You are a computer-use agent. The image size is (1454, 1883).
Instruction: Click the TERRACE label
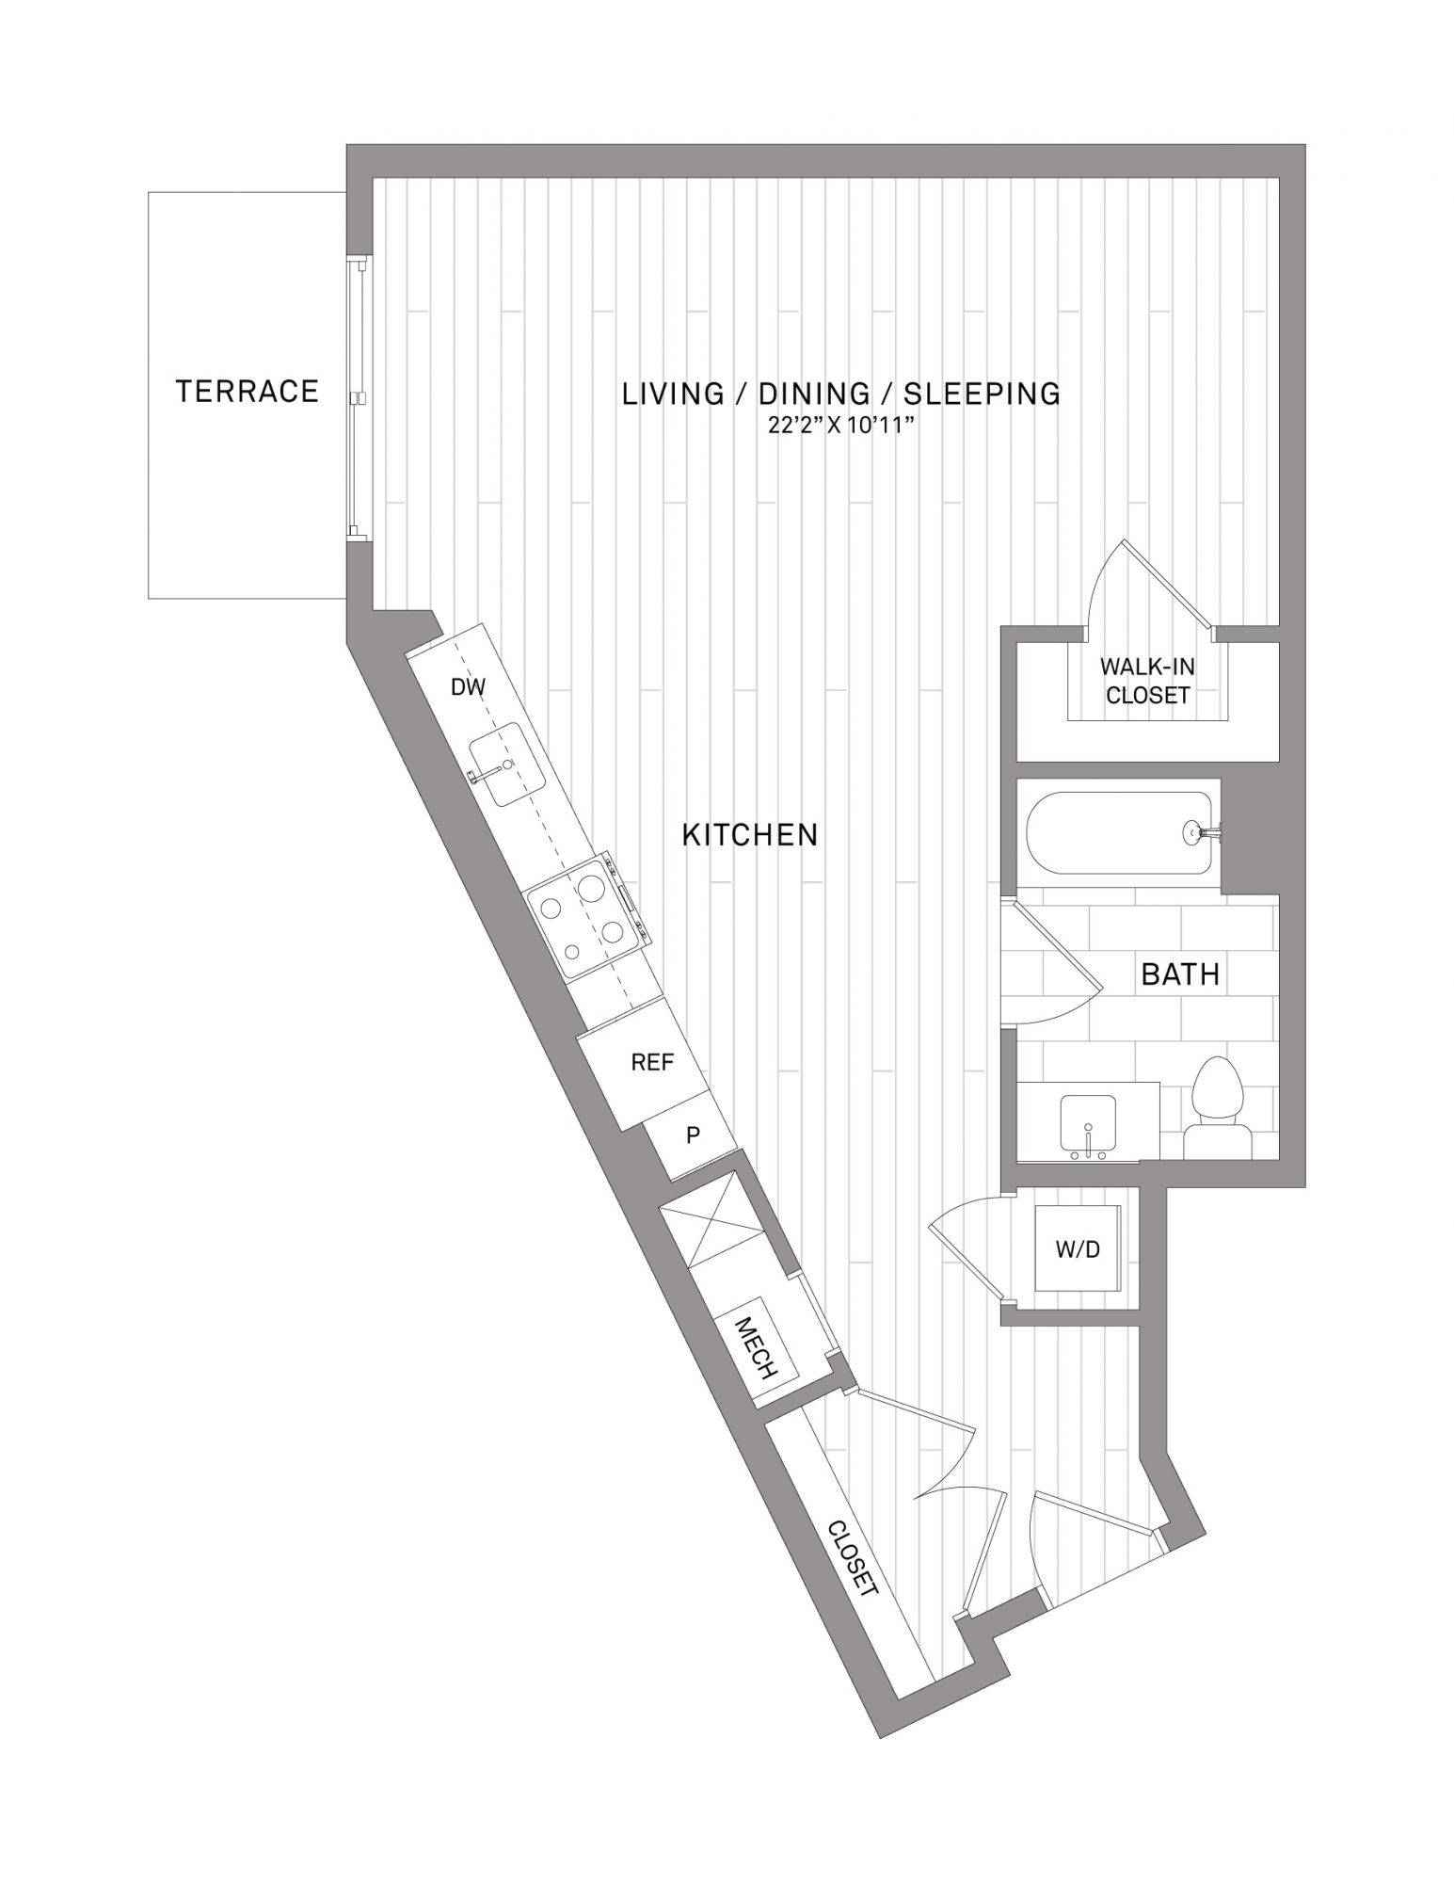[248, 391]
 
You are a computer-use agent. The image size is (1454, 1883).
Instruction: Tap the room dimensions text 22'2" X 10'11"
[840, 426]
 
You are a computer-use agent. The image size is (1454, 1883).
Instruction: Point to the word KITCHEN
[750, 834]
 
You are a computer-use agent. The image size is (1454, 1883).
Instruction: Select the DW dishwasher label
[468, 687]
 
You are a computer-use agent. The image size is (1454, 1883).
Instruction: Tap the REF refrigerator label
[652, 1062]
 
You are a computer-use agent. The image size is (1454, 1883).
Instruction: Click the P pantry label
[694, 1135]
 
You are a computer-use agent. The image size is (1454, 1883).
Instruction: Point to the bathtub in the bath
[1119, 834]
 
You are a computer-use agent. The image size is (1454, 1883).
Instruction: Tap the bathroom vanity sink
[1090, 1124]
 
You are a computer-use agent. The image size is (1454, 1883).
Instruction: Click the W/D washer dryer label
[1078, 1249]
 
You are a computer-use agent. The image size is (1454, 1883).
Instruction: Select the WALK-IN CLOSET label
[1147, 681]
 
